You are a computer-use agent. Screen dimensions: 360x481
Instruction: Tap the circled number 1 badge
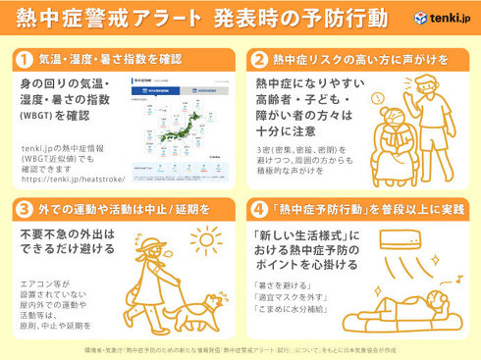click(24, 58)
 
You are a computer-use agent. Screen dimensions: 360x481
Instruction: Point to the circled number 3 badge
click(24, 208)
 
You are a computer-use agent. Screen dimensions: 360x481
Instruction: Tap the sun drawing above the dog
click(206, 240)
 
